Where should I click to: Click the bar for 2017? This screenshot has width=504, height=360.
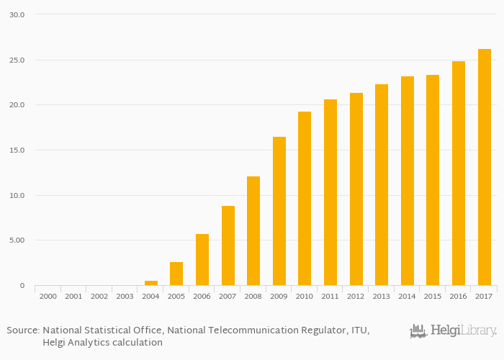pos(484,167)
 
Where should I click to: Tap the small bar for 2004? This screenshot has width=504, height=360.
pos(150,283)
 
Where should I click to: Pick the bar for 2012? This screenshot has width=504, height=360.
pos(356,189)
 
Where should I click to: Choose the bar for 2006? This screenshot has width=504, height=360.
pos(202,259)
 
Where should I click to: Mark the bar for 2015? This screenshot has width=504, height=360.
pos(433,180)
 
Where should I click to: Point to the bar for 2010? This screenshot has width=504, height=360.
pos(305,198)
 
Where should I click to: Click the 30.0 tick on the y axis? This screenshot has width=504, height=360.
pos(17,14)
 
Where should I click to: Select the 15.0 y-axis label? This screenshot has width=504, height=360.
pos(17,150)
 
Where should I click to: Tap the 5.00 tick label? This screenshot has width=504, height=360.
pos(17,240)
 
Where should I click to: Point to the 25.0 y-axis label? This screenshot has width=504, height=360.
pos(17,60)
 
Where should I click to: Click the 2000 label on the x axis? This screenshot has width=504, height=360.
pos(48,296)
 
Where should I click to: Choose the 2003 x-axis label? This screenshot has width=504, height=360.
pos(125,296)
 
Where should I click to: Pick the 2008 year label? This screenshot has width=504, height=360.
pos(253,296)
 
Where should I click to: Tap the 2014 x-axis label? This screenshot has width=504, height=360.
pos(408,296)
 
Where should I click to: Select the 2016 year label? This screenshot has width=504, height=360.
pos(459,296)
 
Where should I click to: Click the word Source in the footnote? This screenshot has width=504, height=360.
pos(23,330)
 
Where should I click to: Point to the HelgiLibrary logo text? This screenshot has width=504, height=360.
pos(463,331)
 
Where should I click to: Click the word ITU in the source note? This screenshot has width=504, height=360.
pos(359,330)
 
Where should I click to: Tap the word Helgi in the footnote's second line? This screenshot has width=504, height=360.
pos(55,342)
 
